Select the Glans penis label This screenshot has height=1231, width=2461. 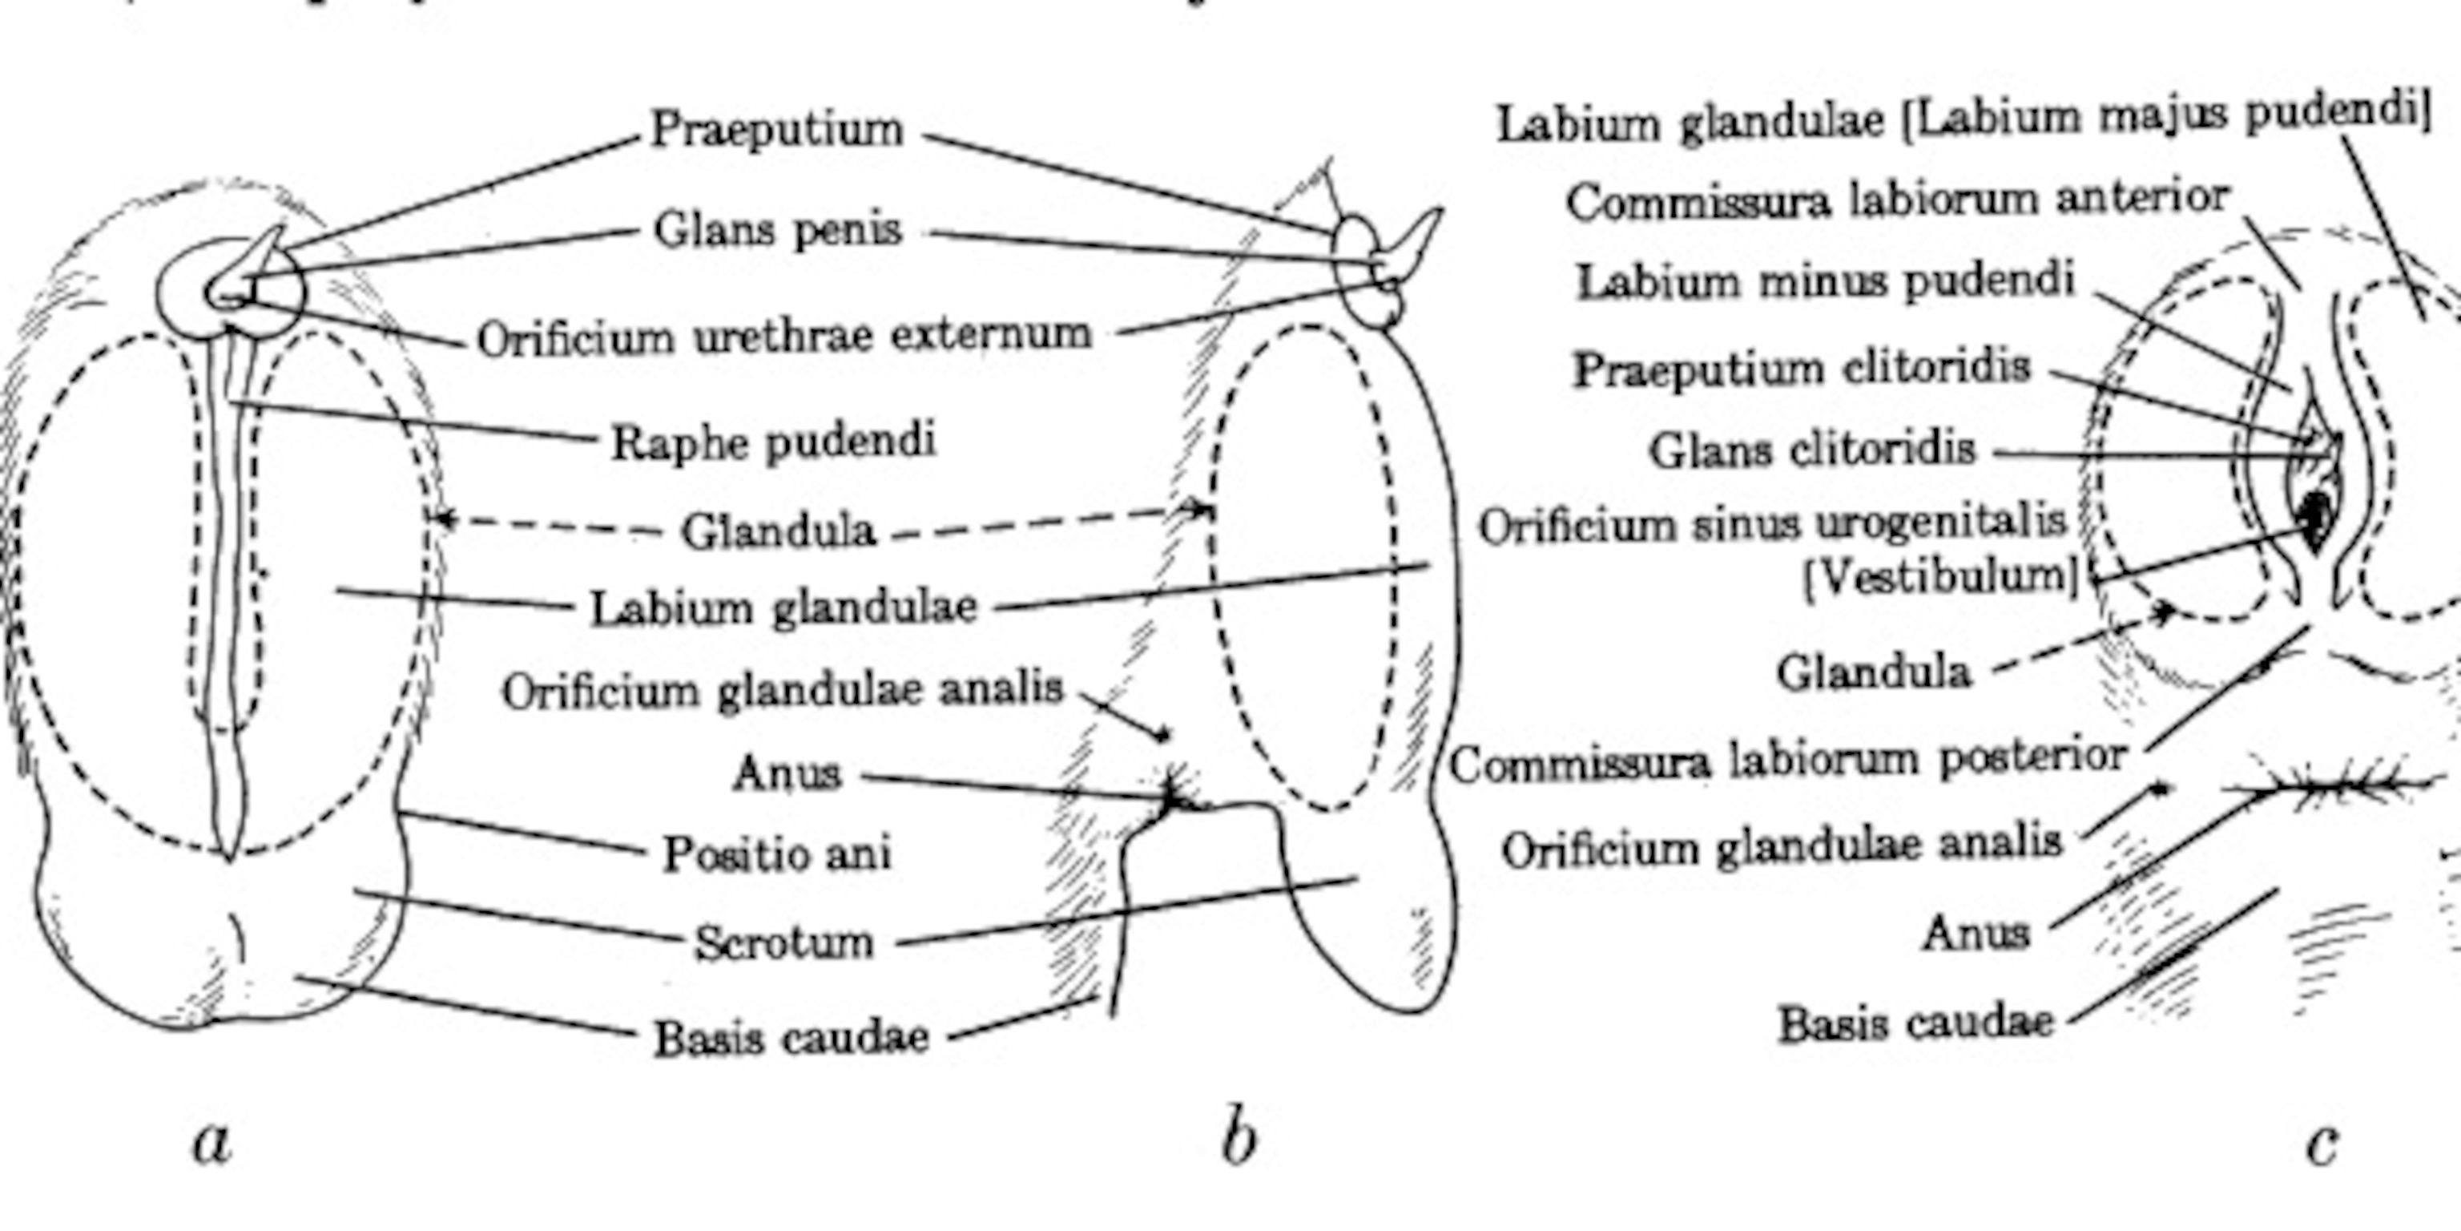tap(778, 229)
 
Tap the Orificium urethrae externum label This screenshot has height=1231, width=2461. tap(784, 337)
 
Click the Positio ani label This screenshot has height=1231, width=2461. tap(778, 853)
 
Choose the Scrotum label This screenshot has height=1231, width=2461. tap(783, 942)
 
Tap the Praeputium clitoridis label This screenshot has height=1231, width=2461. tap(1802, 369)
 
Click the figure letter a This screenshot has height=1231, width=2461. tap(212, 1141)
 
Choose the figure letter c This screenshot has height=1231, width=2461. tap(2322, 1142)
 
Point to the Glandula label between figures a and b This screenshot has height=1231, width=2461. tap(778, 531)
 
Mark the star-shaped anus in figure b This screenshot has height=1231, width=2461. tap(1173, 791)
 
